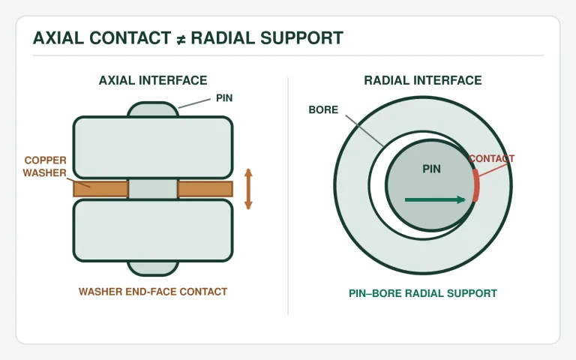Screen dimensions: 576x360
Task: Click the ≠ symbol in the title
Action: click(x=181, y=39)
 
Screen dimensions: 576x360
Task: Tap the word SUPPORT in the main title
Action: click(x=302, y=37)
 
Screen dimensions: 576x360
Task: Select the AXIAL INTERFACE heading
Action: click(x=153, y=80)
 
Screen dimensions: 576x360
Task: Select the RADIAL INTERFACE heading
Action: click(x=423, y=80)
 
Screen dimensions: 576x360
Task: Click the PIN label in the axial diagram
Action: click(x=224, y=98)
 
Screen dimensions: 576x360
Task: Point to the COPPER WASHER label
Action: click(x=45, y=166)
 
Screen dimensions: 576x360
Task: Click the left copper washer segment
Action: click(x=100, y=189)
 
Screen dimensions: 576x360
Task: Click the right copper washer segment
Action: click(x=205, y=189)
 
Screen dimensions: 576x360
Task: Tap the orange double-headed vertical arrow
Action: click(x=248, y=189)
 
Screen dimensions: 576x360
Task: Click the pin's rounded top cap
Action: click(x=153, y=109)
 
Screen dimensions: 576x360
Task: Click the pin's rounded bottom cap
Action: click(x=153, y=268)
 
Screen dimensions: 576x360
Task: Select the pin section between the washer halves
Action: click(x=153, y=189)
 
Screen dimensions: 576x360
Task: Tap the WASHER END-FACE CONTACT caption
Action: click(x=153, y=292)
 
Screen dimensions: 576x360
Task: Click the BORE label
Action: click(x=323, y=109)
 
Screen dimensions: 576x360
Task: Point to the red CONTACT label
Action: click(x=491, y=159)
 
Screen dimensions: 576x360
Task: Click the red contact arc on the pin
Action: click(x=476, y=185)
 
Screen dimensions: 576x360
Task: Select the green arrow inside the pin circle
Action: click(x=435, y=199)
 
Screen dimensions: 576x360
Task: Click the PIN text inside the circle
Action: click(x=431, y=169)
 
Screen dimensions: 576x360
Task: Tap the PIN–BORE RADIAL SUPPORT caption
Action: click(x=423, y=293)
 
